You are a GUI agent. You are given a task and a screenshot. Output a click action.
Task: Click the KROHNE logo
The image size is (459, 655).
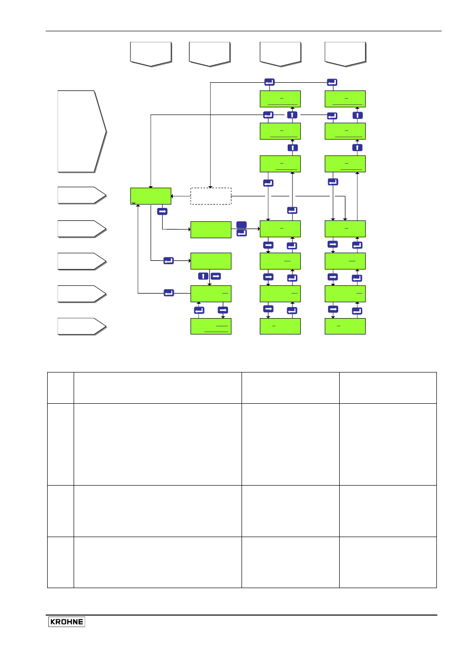(x=66, y=621)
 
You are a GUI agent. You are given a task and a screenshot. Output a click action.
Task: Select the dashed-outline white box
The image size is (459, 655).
(x=211, y=196)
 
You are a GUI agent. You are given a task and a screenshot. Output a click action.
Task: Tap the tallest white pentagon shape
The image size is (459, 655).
(x=82, y=131)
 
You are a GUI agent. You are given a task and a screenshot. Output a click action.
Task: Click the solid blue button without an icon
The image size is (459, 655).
(x=242, y=225)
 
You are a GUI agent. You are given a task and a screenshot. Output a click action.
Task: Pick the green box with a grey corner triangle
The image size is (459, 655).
(x=151, y=196)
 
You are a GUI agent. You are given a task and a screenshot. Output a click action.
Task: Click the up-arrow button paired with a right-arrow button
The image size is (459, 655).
(x=203, y=276)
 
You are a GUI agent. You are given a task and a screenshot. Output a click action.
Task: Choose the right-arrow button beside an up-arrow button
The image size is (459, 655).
(x=216, y=276)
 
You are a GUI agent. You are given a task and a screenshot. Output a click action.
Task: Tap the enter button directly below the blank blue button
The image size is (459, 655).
(x=242, y=233)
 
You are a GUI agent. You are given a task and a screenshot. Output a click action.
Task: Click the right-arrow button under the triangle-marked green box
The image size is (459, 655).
(x=162, y=211)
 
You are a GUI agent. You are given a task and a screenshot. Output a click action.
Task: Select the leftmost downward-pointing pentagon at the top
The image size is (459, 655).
(x=151, y=54)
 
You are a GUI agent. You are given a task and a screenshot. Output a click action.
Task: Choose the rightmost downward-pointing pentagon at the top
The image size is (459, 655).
(x=345, y=54)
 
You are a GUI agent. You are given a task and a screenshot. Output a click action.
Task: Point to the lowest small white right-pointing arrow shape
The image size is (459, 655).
(x=82, y=326)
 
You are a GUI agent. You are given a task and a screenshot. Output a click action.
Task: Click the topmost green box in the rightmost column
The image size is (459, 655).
(x=345, y=99)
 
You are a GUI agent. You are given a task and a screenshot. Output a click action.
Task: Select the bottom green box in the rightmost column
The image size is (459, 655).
(x=345, y=326)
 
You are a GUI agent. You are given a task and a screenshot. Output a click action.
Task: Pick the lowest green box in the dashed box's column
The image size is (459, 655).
(x=211, y=326)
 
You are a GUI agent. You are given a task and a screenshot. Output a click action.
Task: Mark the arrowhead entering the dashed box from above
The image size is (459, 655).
(x=210, y=187)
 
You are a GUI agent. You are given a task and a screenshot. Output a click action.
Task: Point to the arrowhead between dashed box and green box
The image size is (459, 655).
(x=172, y=196)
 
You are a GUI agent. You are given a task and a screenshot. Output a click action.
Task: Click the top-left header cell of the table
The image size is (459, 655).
(x=61, y=388)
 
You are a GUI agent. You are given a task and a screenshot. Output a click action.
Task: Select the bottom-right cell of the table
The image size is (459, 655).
(x=388, y=562)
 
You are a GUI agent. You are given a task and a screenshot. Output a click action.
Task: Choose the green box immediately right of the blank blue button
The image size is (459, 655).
(x=280, y=229)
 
